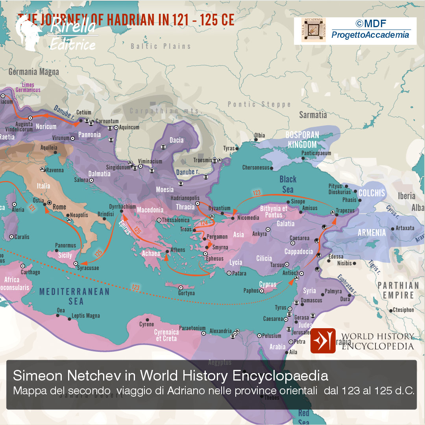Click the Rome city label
pos(59,207)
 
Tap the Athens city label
pos(178,250)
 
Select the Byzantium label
pos(219,208)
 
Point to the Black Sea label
pos(288,184)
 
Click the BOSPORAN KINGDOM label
pos(302,140)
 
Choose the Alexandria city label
pos(220,331)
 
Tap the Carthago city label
pos(30,272)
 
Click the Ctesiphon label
pos(403,310)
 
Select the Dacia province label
pos(176,140)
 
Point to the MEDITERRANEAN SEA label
pos(74,296)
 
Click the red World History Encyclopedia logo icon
pos(323,341)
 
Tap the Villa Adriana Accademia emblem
pos(314,30)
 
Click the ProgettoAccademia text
pos(370,35)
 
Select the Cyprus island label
pos(268,284)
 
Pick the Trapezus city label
pos(345,211)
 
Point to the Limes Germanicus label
pos(28,87)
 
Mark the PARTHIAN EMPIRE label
pos(398,290)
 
